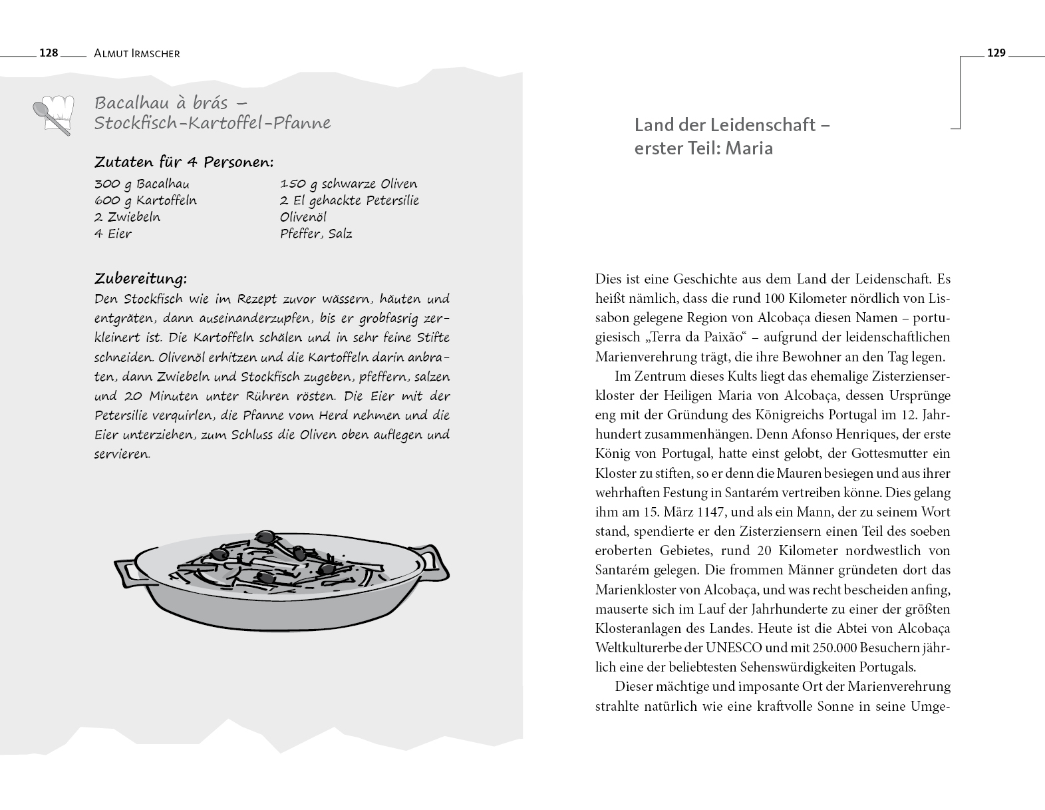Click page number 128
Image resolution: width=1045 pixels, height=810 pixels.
pyautogui.click(x=49, y=53)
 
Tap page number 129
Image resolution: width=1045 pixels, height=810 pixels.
pyautogui.click(x=996, y=53)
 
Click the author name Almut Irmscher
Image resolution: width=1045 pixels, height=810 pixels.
pyautogui.click(x=137, y=53)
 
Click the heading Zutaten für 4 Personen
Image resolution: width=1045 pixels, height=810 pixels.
pyautogui.click(x=184, y=162)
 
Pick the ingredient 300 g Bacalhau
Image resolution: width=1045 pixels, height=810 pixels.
pyautogui.click(x=142, y=184)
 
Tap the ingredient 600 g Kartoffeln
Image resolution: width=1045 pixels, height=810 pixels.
pyautogui.click(x=146, y=200)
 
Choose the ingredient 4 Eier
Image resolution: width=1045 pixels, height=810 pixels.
pyautogui.click(x=113, y=234)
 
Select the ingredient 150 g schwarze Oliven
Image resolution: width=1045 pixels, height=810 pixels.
pyautogui.click(x=349, y=184)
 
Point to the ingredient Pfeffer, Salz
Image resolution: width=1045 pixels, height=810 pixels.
pyautogui.click(x=316, y=234)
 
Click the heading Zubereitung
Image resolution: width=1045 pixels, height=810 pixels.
pyautogui.click(x=140, y=278)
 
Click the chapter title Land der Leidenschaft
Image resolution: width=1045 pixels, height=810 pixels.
pyautogui.click(x=732, y=124)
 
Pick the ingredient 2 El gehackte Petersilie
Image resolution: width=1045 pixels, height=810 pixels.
pyautogui.click(x=349, y=200)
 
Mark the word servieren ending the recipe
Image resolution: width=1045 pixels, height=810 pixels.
pyautogui.click(x=122, y=455)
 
